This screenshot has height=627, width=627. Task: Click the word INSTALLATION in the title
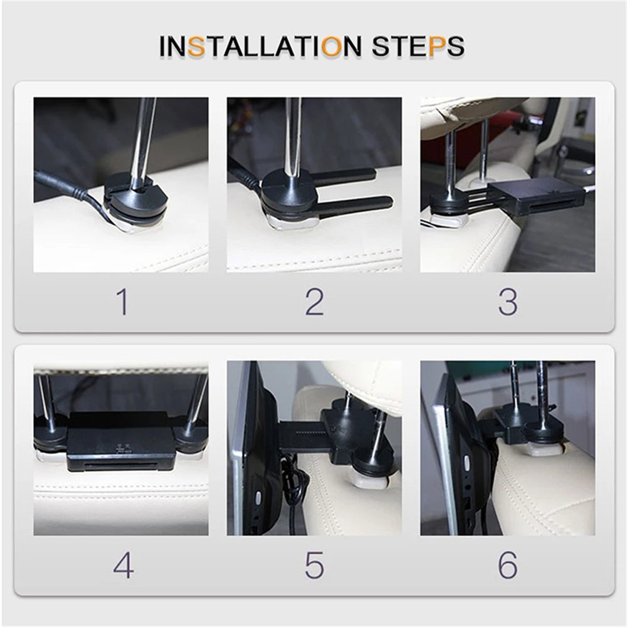(x=260, y=46)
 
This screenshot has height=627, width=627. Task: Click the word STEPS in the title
(x=418, y=46)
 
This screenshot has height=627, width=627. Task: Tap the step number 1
(x=123, y=302)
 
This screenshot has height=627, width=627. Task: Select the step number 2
(x=314, y=302)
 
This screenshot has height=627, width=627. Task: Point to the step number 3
(x=508, y=302)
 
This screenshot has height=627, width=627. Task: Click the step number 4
(x=123, y=565)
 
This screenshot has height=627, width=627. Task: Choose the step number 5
(x=314, y=565)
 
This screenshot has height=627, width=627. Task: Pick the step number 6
(x=508, y=565)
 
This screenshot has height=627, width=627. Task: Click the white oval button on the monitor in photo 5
(x=258, y=498)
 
